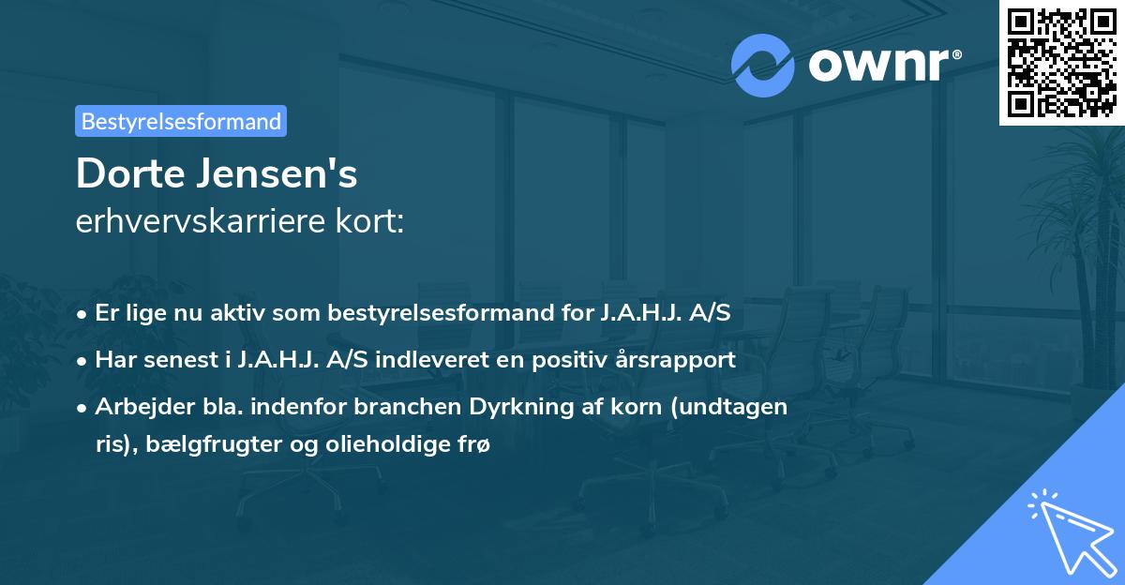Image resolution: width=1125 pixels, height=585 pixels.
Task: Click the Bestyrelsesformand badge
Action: tap(181, 121)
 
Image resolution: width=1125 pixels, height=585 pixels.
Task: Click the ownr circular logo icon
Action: tap(762, 66)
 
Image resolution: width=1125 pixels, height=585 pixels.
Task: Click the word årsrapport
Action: tap(689, 360)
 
